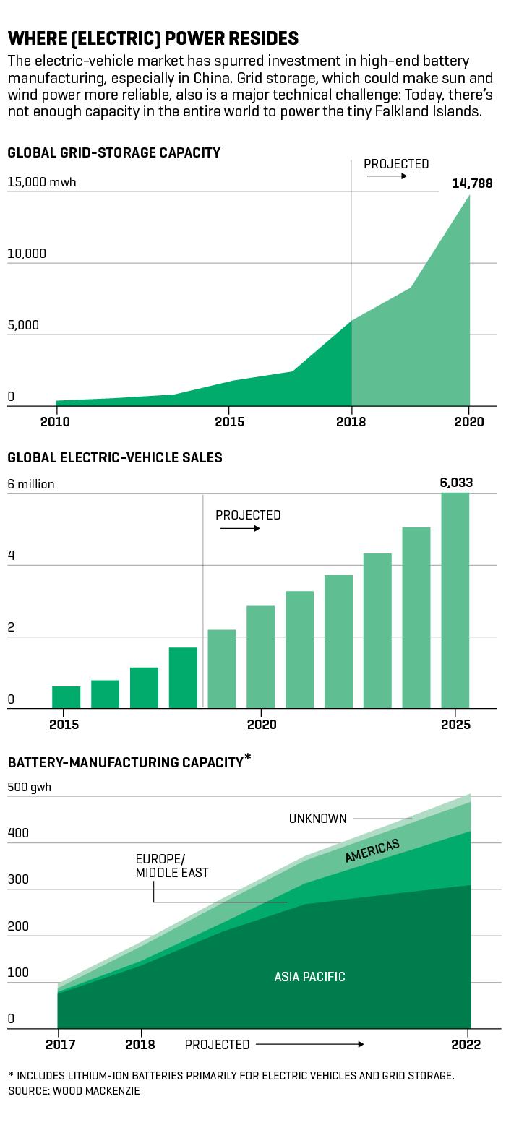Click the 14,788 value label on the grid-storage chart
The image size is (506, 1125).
(472, 184)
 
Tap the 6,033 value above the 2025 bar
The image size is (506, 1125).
(456, 483)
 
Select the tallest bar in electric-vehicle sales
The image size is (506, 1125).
(455, 600)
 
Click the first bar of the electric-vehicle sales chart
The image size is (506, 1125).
(67, 697)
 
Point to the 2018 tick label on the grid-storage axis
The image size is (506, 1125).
(351, 422)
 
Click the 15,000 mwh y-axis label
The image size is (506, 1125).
(42, 182)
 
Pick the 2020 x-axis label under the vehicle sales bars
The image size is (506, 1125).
(262, 724)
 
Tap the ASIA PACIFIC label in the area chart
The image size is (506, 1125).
(309, 977)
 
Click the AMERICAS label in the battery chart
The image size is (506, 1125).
(372, 850)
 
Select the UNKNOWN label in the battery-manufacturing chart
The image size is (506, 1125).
(317, 819)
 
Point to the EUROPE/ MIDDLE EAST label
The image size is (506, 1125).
(172, 866)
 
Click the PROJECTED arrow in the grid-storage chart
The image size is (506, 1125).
(387, 176)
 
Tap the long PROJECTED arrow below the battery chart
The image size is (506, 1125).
(310, 1044)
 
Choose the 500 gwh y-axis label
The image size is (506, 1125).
(29, 787)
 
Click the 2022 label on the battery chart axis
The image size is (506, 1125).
(466, 1045)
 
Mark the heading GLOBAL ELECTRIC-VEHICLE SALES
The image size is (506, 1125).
(115, 457)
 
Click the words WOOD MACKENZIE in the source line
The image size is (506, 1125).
(96, 1091)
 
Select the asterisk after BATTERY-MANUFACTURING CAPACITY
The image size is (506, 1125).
(247, 759)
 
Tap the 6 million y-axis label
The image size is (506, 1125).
(30, 484)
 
